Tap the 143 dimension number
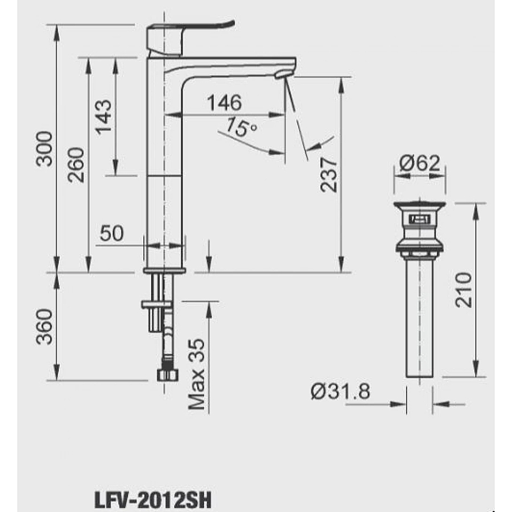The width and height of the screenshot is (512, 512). click(104, 117)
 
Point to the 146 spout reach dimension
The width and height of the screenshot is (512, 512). click(224, 103)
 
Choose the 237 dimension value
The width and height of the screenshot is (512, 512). click(329, 174)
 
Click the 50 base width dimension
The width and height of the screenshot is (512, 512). click(112, 233)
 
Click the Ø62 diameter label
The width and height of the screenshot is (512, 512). click(420, 164)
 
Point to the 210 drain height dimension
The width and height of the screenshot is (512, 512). click(463, 290)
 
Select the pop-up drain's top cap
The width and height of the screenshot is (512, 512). click(420, 205)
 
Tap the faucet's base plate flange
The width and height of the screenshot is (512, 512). click(164, 271)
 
